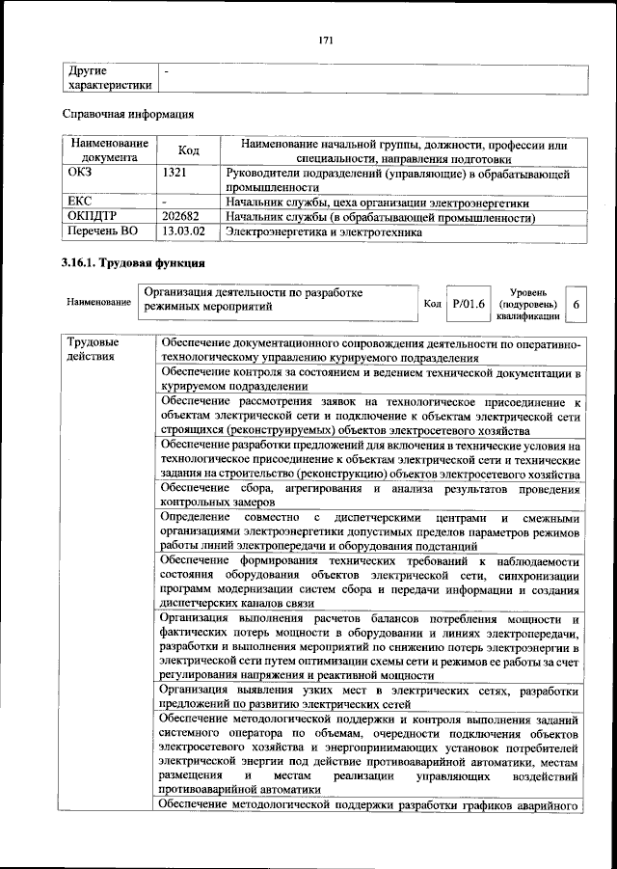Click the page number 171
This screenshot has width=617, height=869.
point(325,40)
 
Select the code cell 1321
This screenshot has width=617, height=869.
point(176,175)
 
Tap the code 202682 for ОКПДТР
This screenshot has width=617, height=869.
point(182,218)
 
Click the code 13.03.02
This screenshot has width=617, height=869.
point(183,232)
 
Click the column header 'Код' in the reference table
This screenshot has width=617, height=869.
point(189,151)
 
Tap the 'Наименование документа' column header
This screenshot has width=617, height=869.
point(109,151)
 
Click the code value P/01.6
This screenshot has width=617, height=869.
point(469,303)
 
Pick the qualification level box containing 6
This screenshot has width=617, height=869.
point(576,303)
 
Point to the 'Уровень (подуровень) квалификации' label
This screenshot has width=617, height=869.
point(529,303)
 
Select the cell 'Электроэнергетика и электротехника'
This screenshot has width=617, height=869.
point(324,232)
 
